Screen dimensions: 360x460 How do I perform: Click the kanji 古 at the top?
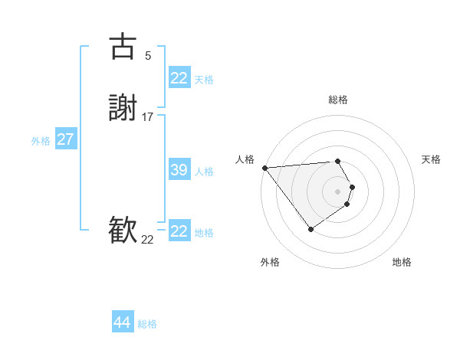point(123,47)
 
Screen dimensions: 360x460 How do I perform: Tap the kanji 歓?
point(123,231)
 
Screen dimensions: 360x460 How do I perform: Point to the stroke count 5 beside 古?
point(148,56)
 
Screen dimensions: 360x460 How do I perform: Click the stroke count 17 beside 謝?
point(148,117)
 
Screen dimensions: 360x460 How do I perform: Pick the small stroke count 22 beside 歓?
point(148,240)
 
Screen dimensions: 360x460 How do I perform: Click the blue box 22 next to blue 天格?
point(179,78)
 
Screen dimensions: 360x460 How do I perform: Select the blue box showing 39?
point(179,170)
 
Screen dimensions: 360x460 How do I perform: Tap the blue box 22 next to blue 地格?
point(179,231)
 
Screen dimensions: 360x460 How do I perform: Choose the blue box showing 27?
point(65,139)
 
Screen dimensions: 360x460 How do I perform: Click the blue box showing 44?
point(122,322)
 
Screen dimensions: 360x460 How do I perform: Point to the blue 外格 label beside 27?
point(41,141)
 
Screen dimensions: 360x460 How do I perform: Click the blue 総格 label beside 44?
point(147,324)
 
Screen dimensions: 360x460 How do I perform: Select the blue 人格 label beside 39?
point(204,172)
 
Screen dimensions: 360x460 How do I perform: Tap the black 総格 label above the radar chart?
point(338,100)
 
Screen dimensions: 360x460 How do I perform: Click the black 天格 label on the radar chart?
point(431,159)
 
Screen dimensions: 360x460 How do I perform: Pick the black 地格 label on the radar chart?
point(402,262)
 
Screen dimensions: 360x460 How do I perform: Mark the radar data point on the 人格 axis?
point(264,168)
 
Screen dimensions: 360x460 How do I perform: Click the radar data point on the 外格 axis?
point(310,229)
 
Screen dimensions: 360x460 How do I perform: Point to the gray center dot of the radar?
point(338,191)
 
